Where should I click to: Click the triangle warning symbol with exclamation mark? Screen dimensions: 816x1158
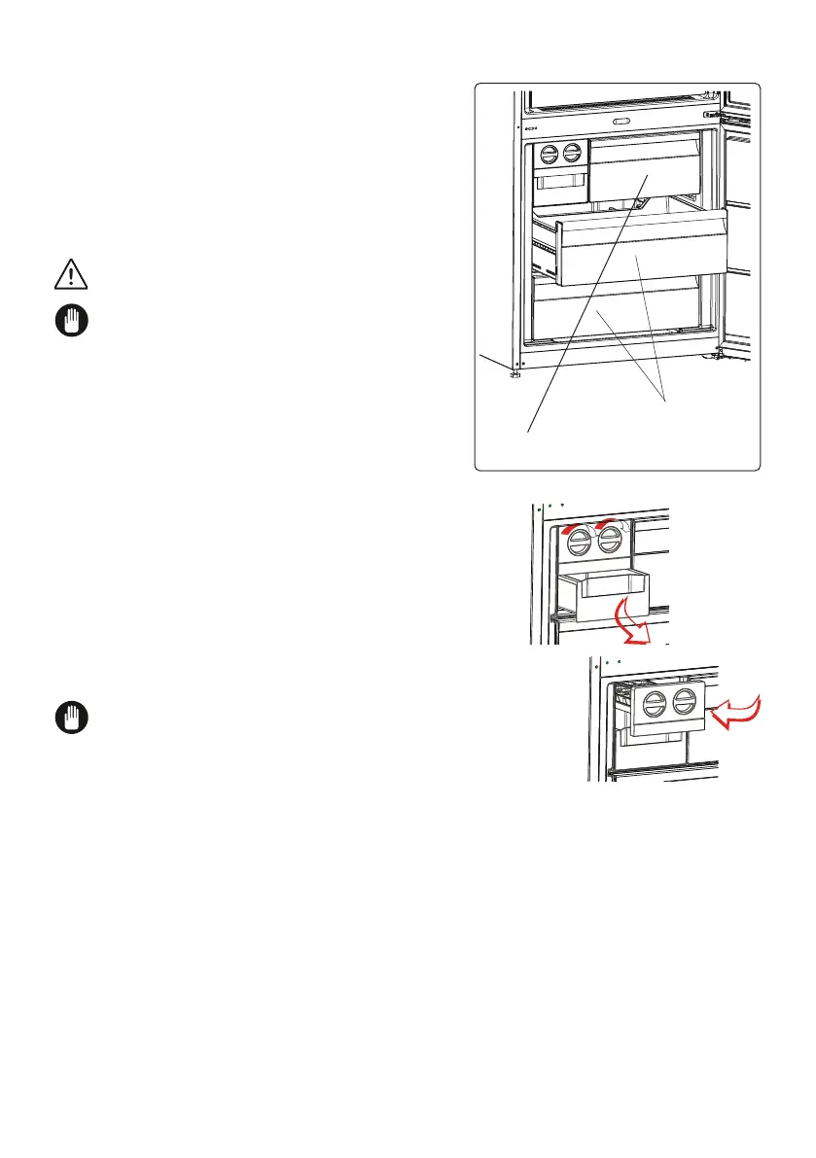pos(70,276)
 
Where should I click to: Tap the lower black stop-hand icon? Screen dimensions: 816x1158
pos(70,719)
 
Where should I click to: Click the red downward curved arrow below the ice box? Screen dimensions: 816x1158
pos(632,623)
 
